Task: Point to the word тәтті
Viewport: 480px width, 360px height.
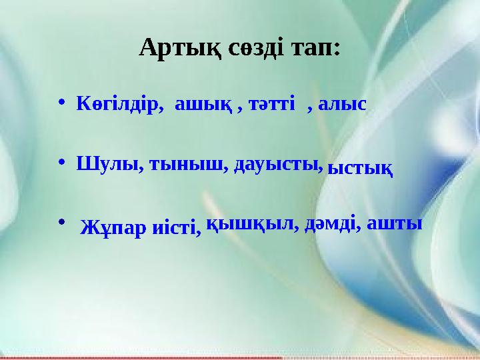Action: (271, 104)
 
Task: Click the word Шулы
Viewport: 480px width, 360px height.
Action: (105, 164)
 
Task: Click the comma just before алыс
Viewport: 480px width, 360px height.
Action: (311, 107)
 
